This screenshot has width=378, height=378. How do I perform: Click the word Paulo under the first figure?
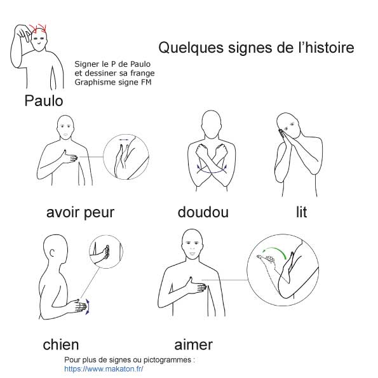tap(44, 100)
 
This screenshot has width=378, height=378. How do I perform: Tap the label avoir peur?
tap(80, 213)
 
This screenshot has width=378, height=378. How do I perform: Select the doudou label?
tap(203, 212)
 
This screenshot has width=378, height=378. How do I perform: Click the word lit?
tap(301, 212)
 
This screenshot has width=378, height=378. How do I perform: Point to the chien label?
tap(61, 344)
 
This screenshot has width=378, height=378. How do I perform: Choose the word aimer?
tap(193, 344)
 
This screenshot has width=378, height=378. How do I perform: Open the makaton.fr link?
tap(104, 369)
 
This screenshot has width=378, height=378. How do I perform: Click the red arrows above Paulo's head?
tap(38, 29)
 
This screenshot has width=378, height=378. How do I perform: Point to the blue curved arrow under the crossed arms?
tap(212, 170)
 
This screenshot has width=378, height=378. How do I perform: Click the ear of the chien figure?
tap(52, 253)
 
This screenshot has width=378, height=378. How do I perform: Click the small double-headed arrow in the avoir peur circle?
tap(124, 140)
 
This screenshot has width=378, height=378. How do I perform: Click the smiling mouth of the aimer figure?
tap(192, 253)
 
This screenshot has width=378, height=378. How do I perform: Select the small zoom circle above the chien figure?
tap(106, 252)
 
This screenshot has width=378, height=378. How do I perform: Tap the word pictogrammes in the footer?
tap(167, 360)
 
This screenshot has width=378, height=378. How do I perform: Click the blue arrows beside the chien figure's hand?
tap(88, 307)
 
